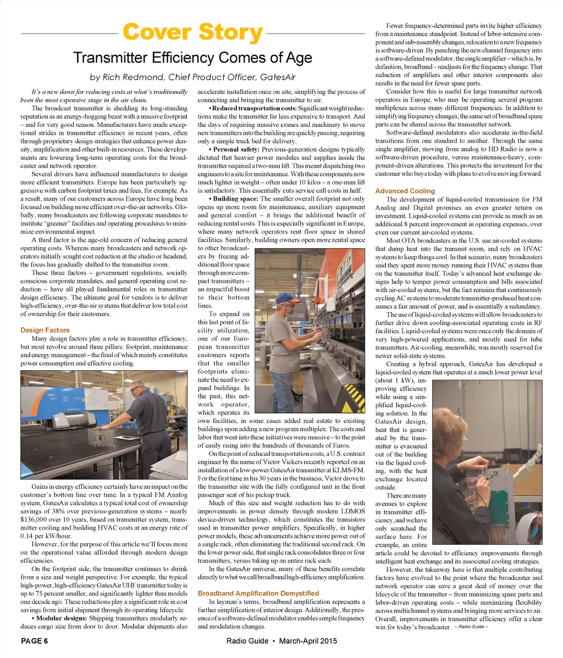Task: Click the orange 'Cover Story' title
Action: point(192,33)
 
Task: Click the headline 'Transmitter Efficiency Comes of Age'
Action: point(192,58)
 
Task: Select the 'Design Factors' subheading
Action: point(45,330)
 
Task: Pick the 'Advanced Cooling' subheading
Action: point(405,191)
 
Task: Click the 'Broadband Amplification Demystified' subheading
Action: point(258,594)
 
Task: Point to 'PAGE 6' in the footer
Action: point(35,641)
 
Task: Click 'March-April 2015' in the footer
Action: point(308,641)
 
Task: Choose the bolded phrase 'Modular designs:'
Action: point(59,618)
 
